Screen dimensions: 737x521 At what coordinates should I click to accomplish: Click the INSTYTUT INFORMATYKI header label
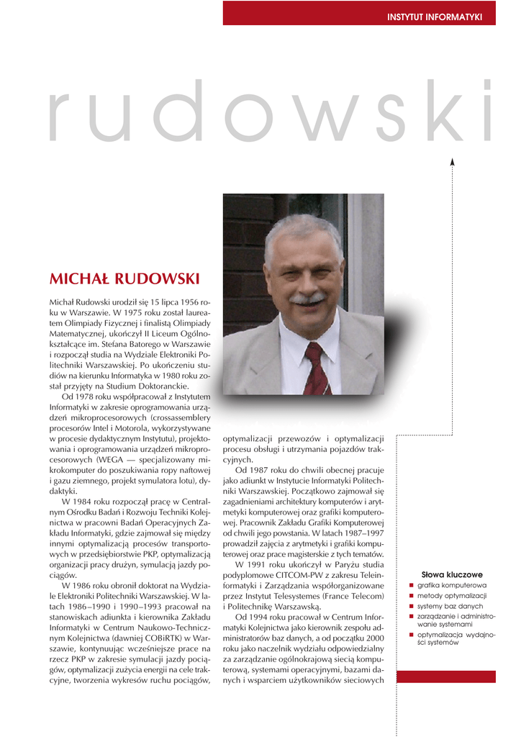(x=435, y=16)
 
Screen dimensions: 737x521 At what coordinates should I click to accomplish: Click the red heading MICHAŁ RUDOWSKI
(x=124, y=279)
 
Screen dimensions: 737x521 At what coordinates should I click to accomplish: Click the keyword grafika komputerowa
(x=452, y=586)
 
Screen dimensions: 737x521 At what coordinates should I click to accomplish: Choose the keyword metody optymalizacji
(x=452, y=596)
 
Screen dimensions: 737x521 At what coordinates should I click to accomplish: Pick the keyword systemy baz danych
(x=448, y=606)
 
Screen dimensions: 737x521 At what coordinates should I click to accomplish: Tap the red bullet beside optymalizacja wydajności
(x=411, y=635)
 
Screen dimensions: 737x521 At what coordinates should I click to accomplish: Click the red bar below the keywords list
(x=445, y=677)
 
